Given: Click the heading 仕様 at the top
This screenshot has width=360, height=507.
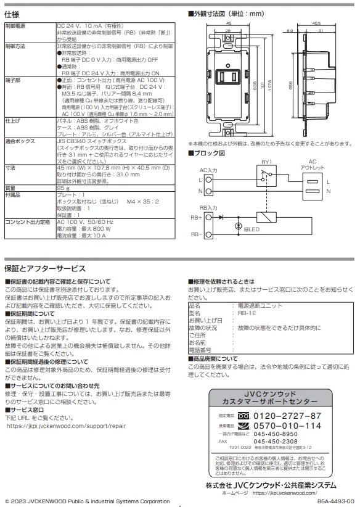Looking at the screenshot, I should tap(13, 14).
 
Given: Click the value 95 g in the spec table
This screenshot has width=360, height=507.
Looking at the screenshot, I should tap(63, 188).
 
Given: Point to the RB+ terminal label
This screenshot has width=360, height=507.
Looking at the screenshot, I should tap(197, 217).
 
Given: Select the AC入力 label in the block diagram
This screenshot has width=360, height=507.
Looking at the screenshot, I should tap(209, 169).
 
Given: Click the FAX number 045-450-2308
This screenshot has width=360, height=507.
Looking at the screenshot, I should tap(276, 442).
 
